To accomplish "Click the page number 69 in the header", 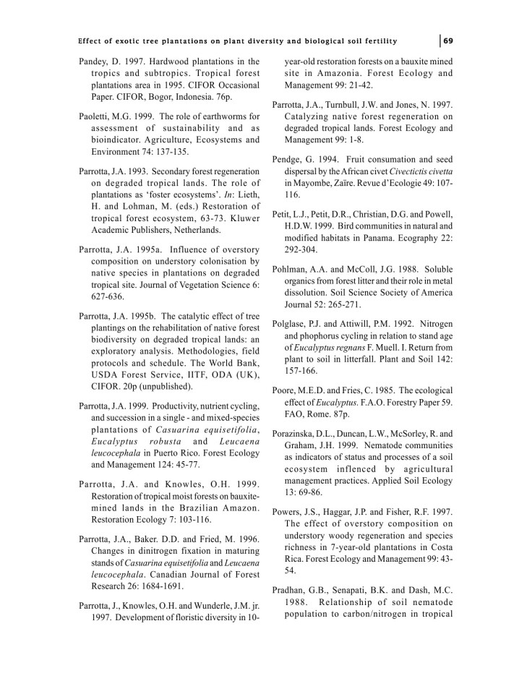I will coord(448,39).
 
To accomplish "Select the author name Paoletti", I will coord(95,116).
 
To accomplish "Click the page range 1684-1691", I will coord(159,586).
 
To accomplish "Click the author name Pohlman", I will coord(292,270).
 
